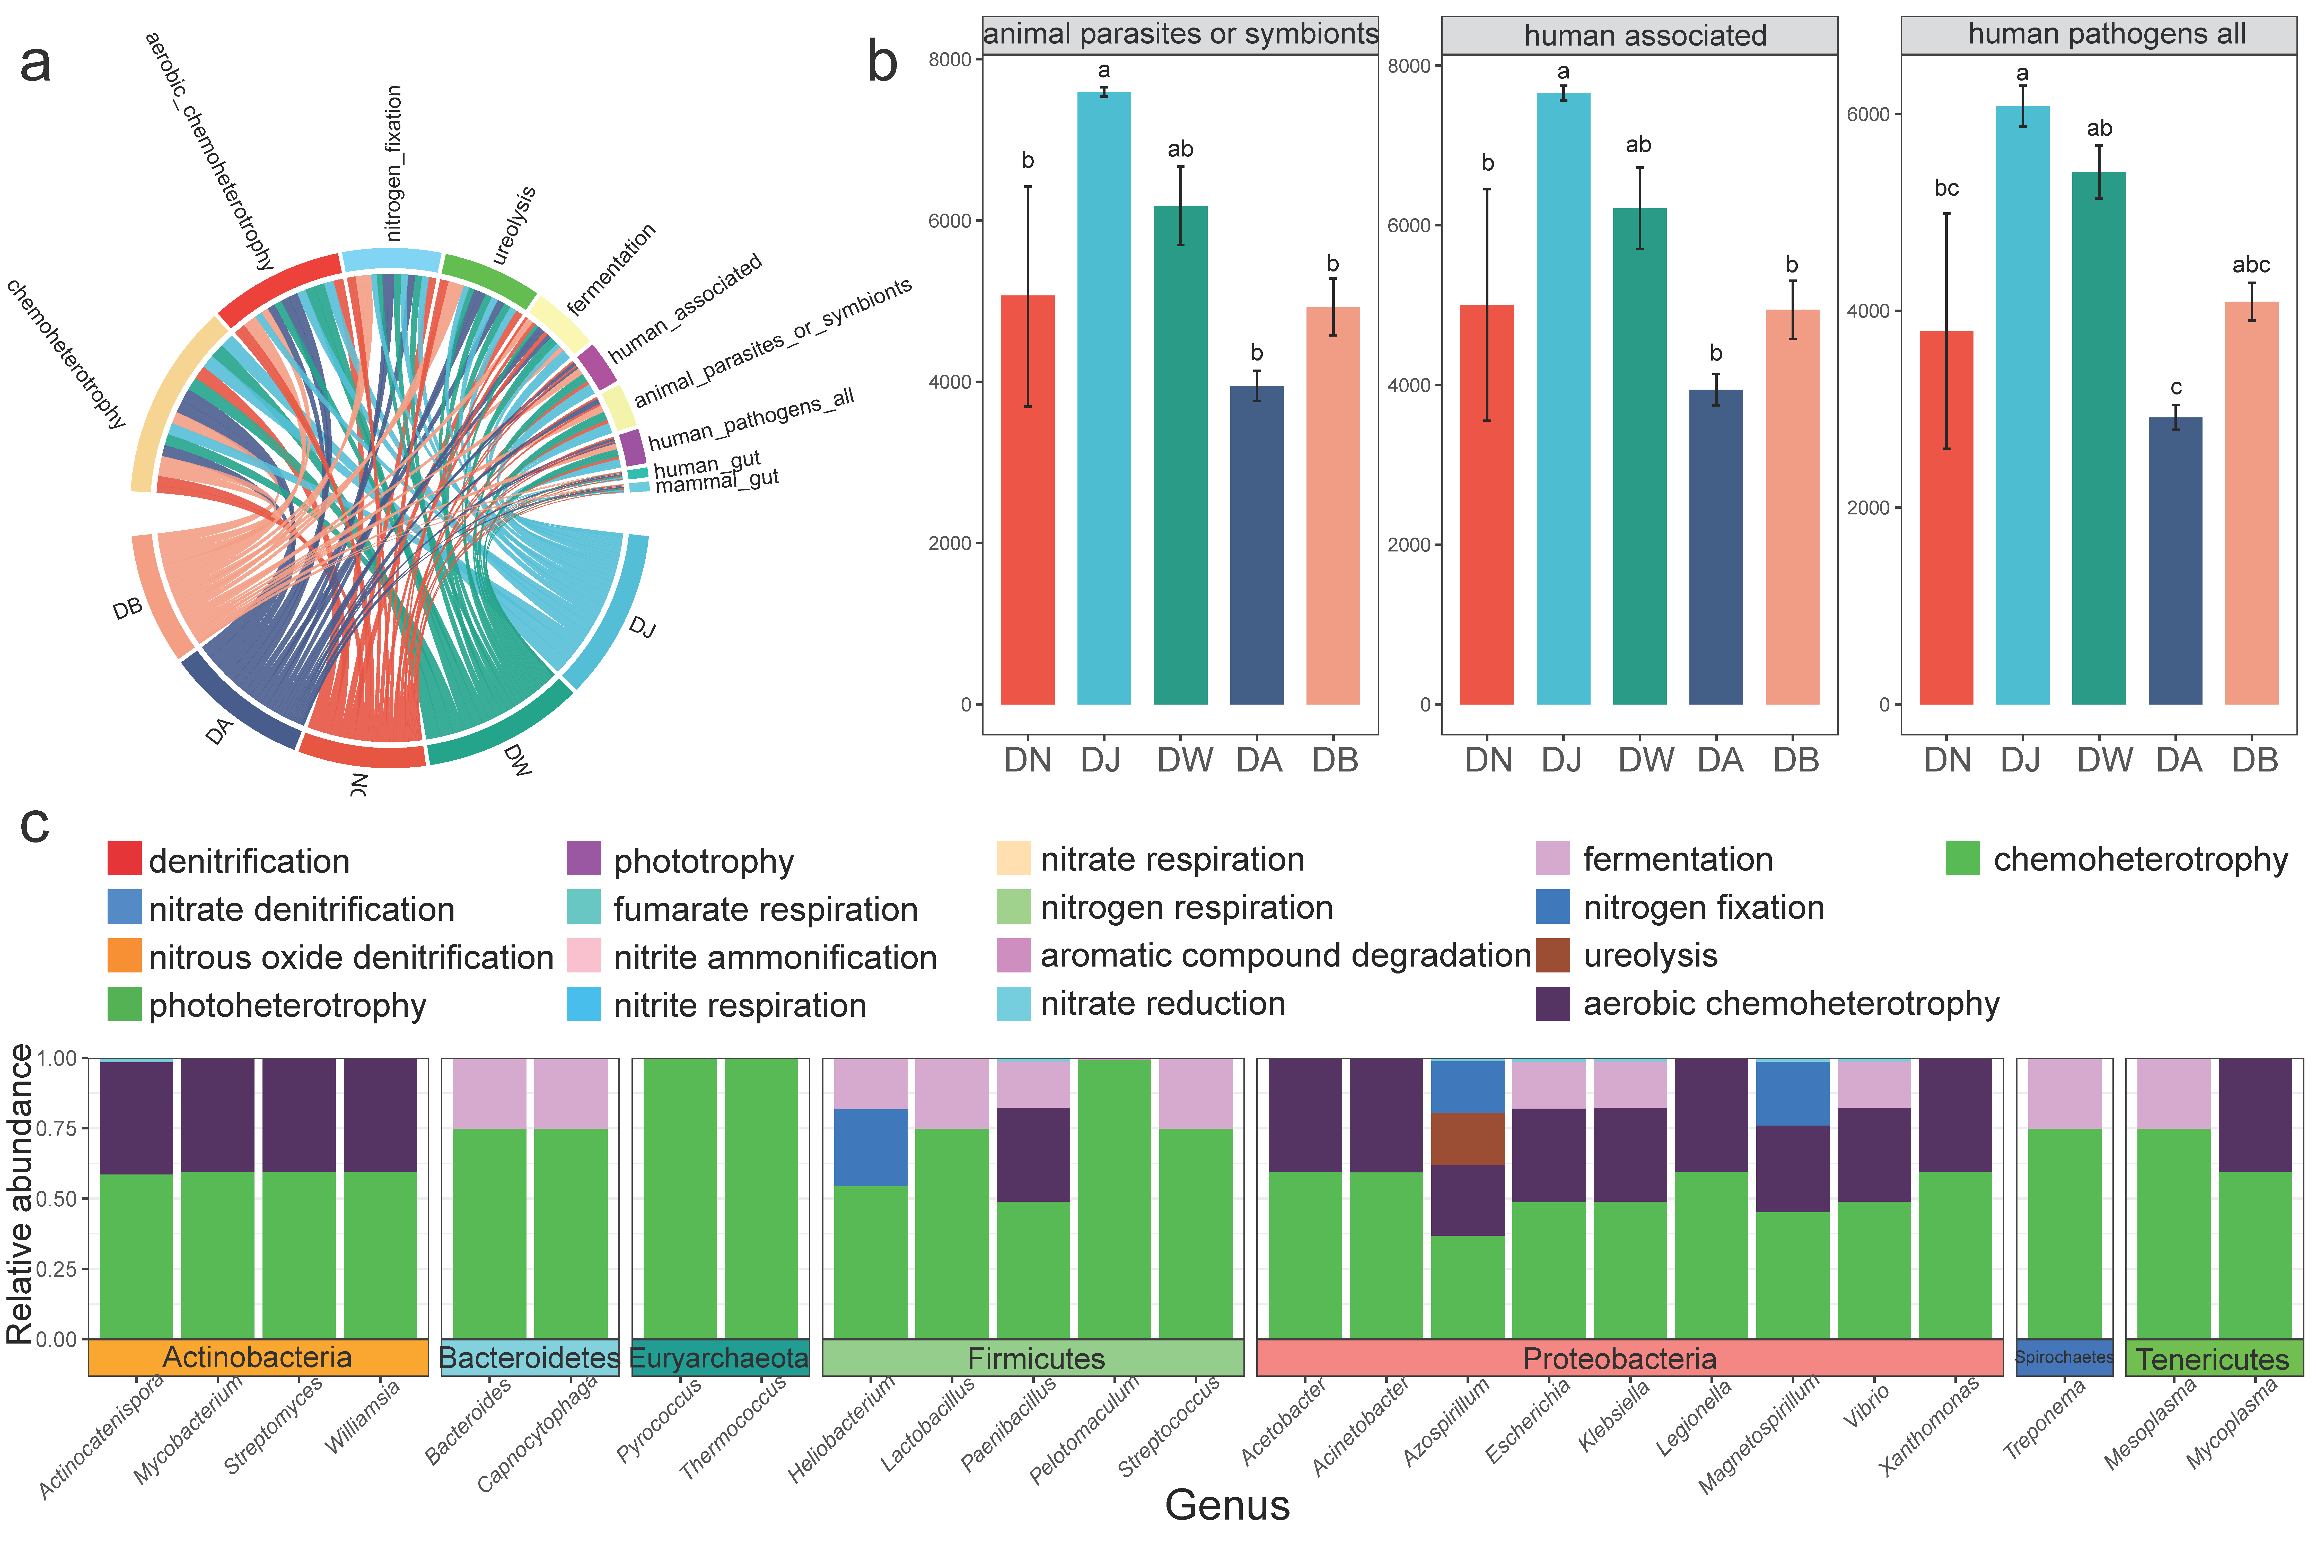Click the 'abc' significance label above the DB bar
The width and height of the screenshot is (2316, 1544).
point(2251,265)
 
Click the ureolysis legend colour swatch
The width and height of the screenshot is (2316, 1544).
point(1553,955)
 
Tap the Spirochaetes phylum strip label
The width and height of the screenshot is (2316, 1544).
point(2064,1357)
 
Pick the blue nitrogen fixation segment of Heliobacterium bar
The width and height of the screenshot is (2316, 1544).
point(871,1147)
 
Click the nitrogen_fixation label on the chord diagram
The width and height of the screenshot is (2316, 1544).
point(394,162)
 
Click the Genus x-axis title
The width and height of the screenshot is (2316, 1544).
point(1227,1505)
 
